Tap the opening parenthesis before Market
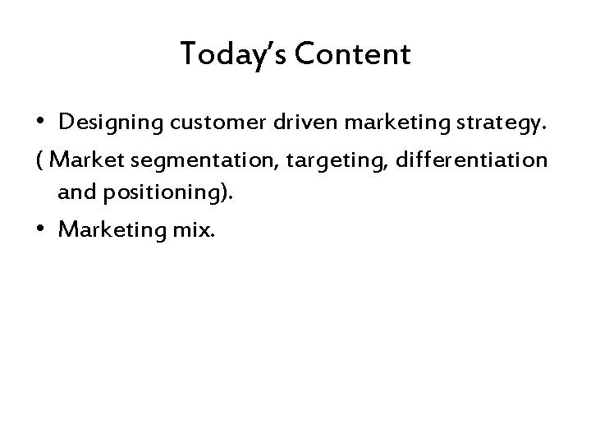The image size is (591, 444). [40, 160]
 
